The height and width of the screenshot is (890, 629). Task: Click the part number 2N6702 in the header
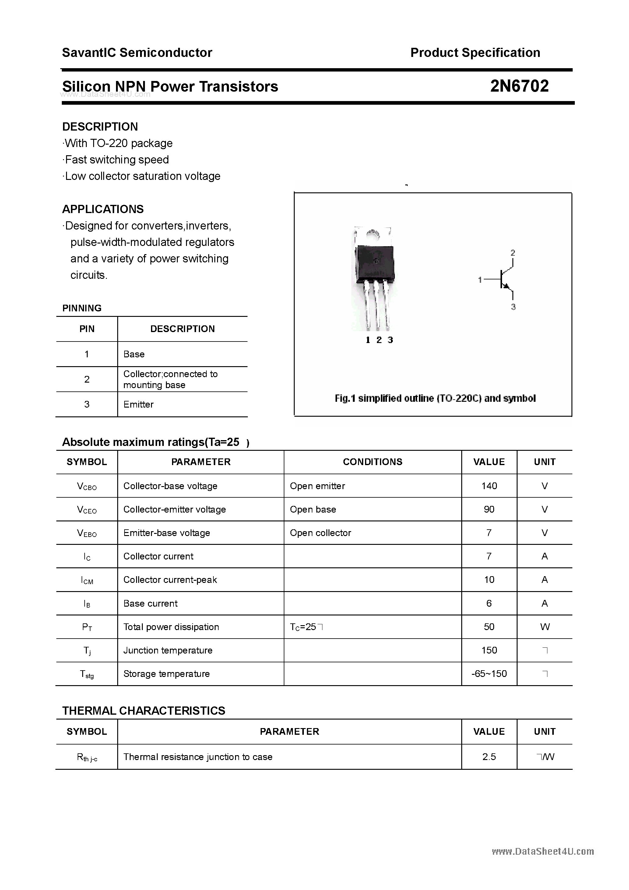coord(519,86)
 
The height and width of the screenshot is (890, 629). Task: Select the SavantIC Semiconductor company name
coord(137,53)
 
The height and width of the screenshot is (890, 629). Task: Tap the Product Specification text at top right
coord(475,53)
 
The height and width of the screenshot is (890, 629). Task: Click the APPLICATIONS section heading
coord(103,209)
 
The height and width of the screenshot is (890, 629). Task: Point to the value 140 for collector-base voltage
coord(489,486)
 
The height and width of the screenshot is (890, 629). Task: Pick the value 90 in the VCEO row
coord(489,509)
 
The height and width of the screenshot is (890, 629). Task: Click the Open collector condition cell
coord(320,533)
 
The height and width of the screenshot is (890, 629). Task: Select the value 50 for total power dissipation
coord(489,627)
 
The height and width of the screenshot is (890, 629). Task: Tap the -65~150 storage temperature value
coord(489,674)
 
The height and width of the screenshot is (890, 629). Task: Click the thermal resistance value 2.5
coord(489,757)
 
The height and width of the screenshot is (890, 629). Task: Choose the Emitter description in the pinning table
coord(139,404)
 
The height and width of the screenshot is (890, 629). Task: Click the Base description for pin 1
coord(134,354)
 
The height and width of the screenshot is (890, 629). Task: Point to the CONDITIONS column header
coord(372,462)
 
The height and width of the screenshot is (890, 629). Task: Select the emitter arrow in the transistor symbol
coord(505,286)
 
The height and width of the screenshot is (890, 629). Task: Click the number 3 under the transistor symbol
coord(513,307)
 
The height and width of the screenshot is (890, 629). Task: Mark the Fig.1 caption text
coord(435,398)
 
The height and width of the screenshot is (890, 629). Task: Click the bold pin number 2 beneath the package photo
coord(379,340)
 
